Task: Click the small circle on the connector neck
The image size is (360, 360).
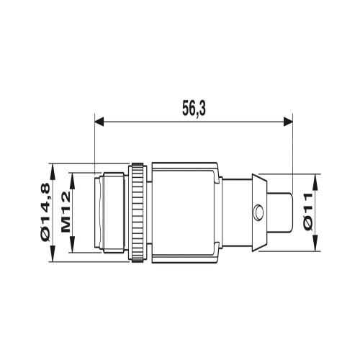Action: [x=258, y=212]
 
